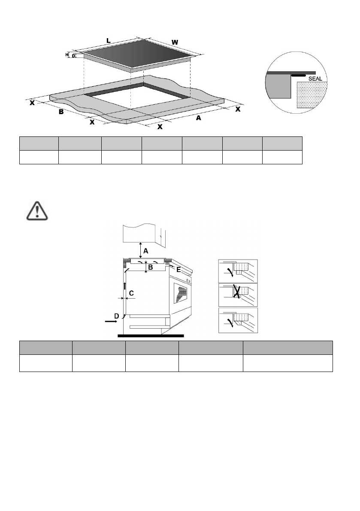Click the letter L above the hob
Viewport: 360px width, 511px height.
point(109,41)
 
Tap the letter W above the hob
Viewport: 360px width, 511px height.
point(175,42)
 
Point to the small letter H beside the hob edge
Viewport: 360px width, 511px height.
point(67,55)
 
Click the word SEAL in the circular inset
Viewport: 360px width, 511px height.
point(320,79)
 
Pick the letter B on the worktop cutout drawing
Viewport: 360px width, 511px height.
point(61,112)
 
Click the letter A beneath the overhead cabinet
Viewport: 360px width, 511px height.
point(145,250)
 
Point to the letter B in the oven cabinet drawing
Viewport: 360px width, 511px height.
point(151,267)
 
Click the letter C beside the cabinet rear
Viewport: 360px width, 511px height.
point(131,293)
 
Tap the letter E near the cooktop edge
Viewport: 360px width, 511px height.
point(178,270)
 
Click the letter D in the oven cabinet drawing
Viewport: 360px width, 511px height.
point(116,316)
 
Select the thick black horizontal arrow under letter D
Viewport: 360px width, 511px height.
point(110,320)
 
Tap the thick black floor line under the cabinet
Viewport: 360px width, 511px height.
point(150,335)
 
